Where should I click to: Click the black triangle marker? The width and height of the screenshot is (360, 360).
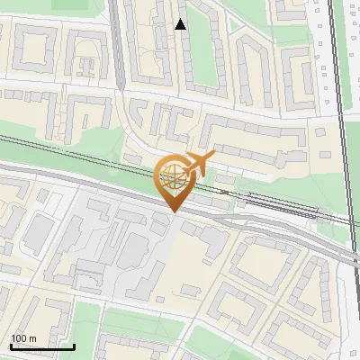click(x=180, y=24)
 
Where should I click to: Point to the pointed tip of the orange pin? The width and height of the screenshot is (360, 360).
click(x=172, y=212)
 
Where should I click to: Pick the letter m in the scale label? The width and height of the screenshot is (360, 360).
click(x=33, y=338)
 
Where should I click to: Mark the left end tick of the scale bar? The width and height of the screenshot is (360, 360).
click(x=11, y=346)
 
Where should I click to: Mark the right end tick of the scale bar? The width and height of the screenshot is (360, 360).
click(x=75, y=346)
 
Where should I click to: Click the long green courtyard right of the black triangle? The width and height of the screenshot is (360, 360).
click(x=204, y=58)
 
